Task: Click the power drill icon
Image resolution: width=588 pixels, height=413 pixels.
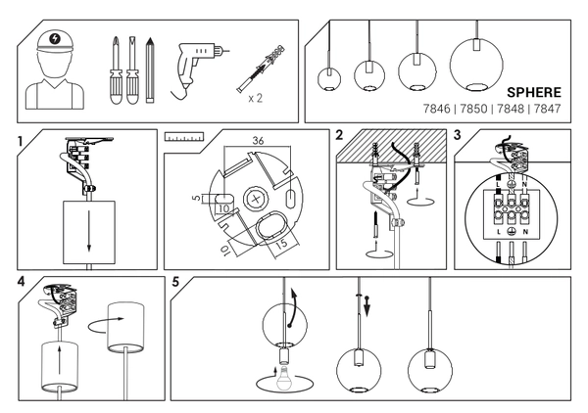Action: pyautogui.click(x=197, y=68)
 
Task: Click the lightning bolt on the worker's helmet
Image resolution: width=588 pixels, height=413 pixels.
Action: pyautogui.click(x=53, y=40)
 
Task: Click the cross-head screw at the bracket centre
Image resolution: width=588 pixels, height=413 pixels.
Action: pyautogui.click(x=259, y=198)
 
